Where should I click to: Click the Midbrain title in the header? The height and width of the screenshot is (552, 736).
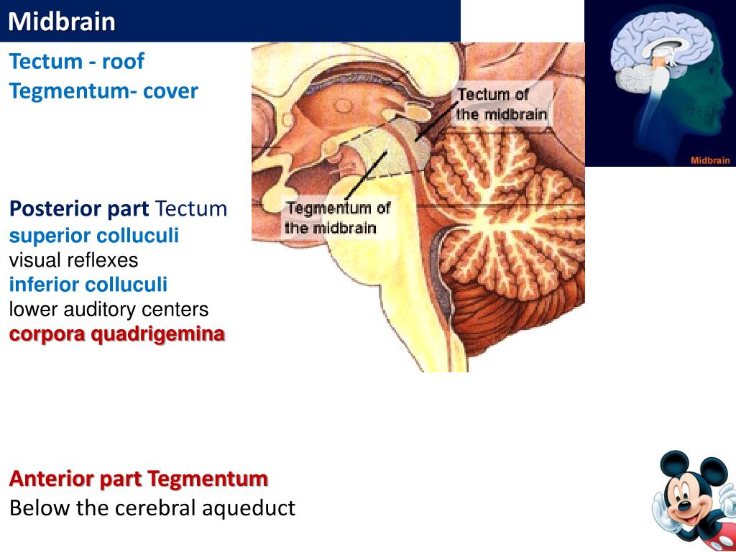point(62,22)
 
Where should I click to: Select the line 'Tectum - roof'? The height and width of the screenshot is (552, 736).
point(76,62)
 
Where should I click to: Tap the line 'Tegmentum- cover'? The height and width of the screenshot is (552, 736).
point(103,91)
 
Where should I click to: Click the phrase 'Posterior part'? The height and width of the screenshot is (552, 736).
point(79,210)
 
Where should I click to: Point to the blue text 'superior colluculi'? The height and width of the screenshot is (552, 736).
point(94,236)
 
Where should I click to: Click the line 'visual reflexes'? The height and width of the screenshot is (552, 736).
point(73,259)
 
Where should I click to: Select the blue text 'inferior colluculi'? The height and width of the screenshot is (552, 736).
point(88,285)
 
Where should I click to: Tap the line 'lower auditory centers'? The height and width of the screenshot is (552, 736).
point(109,310)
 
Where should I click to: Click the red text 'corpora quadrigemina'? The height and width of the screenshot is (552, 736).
point(116,335)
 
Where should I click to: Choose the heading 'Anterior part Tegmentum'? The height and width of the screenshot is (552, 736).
point(139,479)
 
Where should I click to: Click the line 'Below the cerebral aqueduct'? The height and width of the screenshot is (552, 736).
point(152,508)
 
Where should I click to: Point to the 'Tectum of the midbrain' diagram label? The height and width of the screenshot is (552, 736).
point(502,104)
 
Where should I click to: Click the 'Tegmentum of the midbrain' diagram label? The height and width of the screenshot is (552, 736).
point(337,218)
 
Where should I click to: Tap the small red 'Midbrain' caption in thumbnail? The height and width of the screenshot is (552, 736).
point(710,160)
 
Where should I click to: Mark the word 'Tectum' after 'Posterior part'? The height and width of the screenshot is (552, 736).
point(191,210)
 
